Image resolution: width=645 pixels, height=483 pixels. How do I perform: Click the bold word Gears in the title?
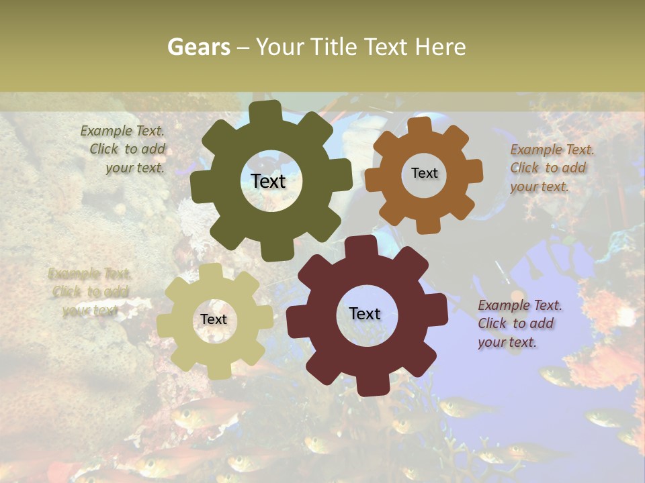[x=198, y=47]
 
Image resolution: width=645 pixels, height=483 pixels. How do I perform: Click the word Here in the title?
[x=440, y=47]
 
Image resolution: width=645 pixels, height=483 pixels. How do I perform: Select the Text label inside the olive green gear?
[x=268, y=181]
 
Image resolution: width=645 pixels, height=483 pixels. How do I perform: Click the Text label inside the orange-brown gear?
[x=424, y=173]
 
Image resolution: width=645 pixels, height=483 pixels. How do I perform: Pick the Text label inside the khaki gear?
[x=214, y=319]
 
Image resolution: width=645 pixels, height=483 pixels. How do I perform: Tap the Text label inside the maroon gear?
[x=365, y=313]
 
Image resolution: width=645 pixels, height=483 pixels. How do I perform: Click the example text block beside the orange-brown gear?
[x=552, y=168]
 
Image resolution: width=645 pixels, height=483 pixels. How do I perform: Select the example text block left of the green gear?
[x=125, y=150]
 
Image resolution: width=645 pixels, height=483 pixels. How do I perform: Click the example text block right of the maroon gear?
[x=519, y=324]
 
